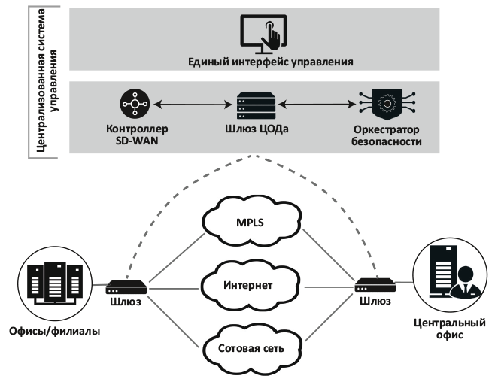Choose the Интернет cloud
point(249,286)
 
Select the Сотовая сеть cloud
point(249,347)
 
